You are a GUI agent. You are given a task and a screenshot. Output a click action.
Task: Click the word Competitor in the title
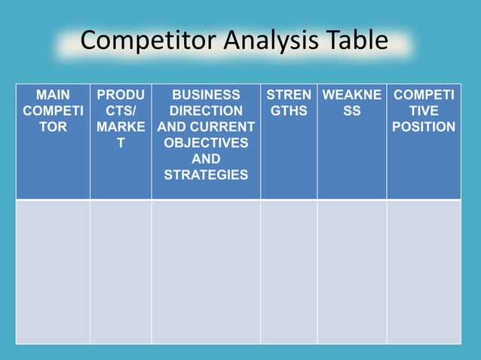point(140,41)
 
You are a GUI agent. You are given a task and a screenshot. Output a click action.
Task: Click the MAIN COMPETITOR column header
point(53,111)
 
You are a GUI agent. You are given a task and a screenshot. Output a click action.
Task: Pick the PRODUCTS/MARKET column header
point(121,119)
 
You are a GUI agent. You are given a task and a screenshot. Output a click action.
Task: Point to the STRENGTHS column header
point(289,103)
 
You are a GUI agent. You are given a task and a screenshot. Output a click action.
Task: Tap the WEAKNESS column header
point(351,103)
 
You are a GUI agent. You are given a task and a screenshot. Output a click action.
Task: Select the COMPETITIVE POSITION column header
point(424,111)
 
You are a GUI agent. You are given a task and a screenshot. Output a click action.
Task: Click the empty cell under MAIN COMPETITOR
point(53,271)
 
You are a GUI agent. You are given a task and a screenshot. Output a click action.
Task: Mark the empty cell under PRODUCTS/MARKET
point(121,271)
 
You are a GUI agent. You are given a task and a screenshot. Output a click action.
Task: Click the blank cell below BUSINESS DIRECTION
point(206,271)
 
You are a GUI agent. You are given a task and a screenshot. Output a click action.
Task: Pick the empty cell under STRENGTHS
point(289,271)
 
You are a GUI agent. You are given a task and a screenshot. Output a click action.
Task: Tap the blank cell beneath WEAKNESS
point(351,271)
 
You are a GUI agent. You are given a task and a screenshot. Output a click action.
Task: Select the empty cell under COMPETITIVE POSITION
point(424,271)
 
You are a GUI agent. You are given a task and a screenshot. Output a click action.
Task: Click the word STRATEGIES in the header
point(206,175)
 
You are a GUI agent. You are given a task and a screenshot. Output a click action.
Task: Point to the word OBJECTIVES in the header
point(206,143)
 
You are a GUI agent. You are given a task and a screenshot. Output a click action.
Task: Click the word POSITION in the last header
point(424,127)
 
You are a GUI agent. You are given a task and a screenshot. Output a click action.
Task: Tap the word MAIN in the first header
point(53,96)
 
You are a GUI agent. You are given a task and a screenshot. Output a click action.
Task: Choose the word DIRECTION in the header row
point(206,111)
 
